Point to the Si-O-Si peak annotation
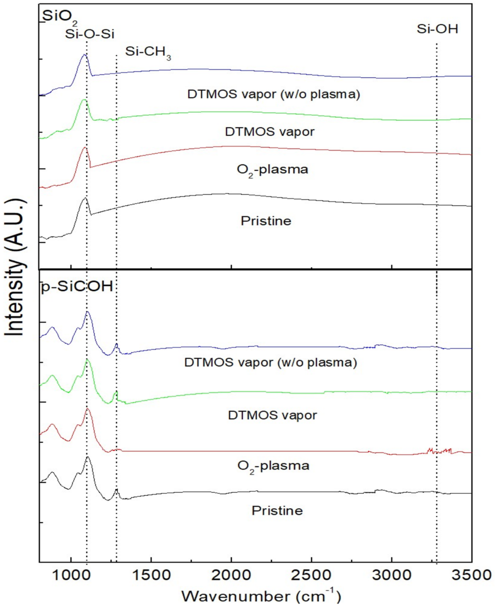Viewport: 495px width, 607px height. click(90, 34)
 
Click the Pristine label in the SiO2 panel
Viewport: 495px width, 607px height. click(266, 221)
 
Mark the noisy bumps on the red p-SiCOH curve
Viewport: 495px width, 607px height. click(439, 451)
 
